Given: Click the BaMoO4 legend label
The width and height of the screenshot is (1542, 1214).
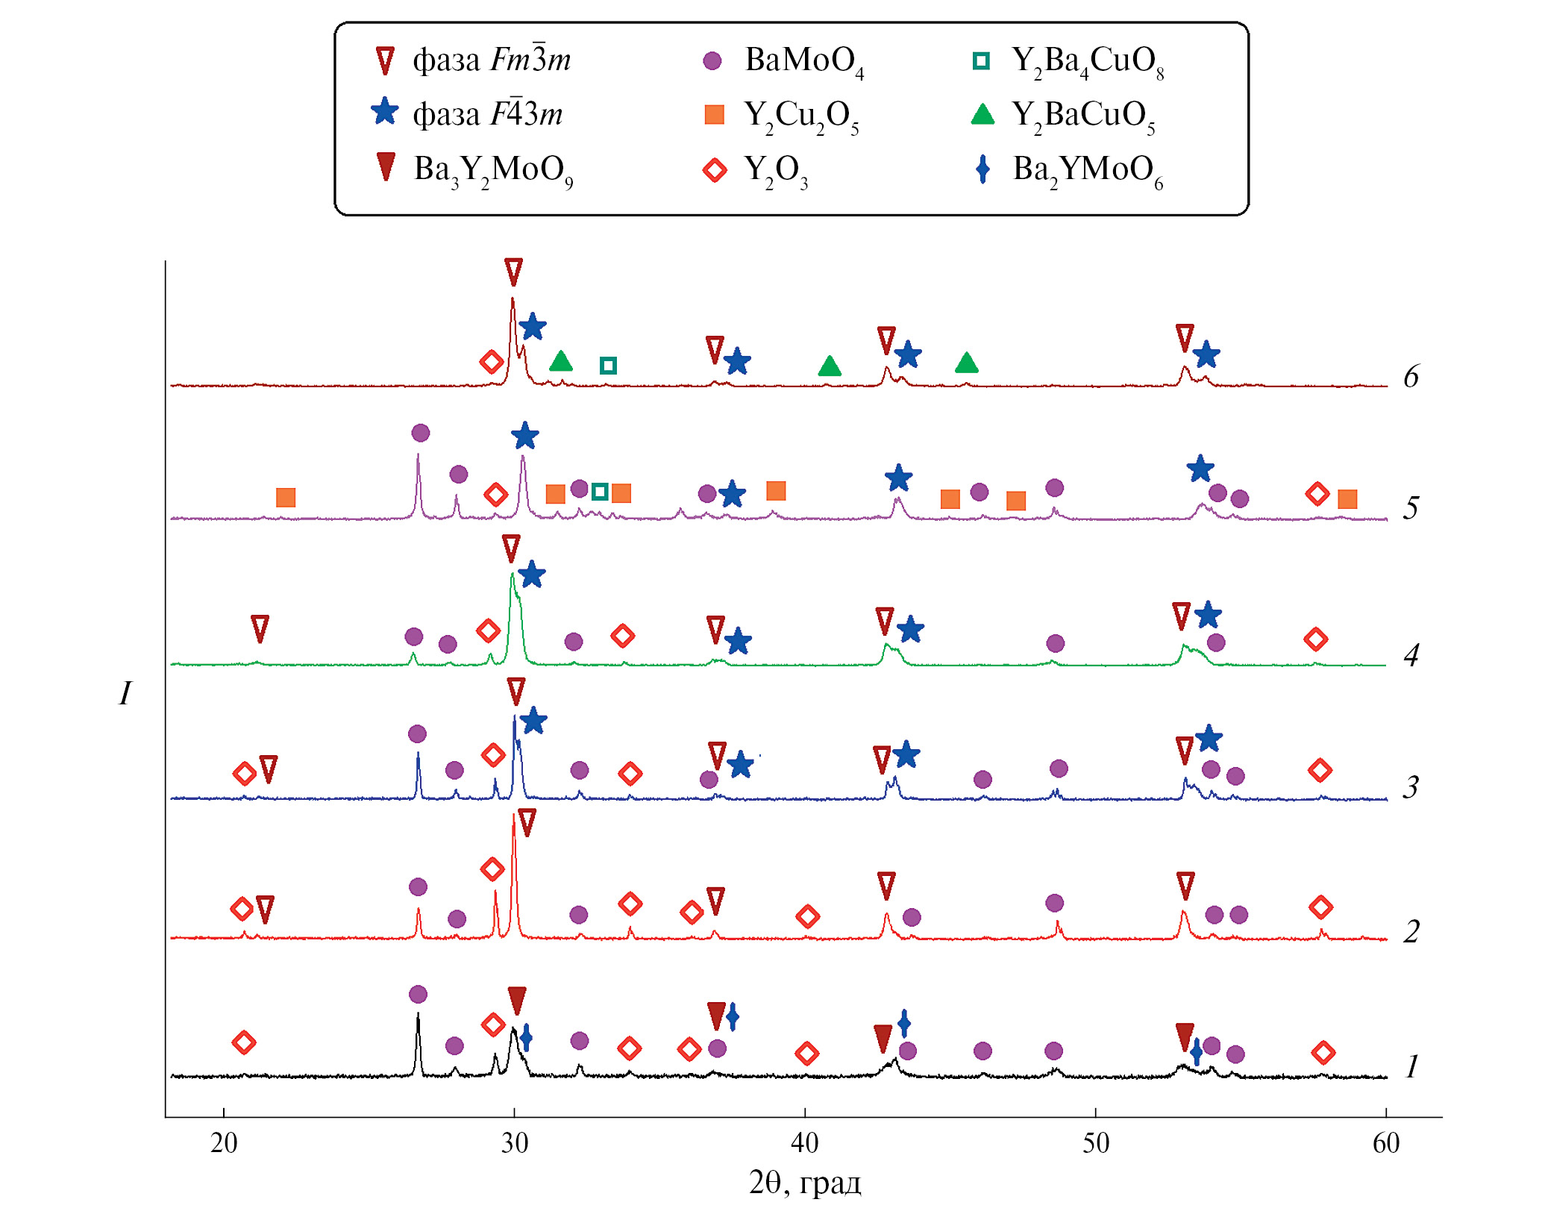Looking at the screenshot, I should tap(804, 60).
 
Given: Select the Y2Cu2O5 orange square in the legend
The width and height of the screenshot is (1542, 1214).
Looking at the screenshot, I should tap(714, 115).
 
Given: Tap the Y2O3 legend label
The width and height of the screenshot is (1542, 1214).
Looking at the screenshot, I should tap(776, 170).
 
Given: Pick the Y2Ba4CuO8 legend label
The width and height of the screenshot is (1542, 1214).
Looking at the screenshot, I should tap(1087, 60).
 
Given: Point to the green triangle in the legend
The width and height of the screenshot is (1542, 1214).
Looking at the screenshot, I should tap(982, 114).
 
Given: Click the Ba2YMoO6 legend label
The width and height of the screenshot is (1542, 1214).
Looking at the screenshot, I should tap(1087, 170).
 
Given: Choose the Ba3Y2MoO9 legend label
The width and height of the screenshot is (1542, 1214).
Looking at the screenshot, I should tap(493, 170).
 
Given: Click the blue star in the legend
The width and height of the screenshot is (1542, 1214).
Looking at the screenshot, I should tap(385, 113).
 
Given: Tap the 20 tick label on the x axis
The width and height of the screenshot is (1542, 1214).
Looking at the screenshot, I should tap(223, 1142).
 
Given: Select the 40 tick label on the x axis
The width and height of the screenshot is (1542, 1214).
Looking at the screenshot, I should tap(804, 1142).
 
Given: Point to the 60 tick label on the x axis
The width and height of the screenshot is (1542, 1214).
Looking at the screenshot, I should tap(1386, 1142).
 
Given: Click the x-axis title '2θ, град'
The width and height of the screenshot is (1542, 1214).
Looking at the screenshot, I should tap(805, 1183).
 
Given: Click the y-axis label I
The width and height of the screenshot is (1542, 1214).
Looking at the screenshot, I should tap(125, 693).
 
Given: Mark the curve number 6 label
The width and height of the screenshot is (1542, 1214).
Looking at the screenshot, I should tap(1411, 377).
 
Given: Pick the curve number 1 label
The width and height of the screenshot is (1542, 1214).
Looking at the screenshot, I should tap(1411, 1067).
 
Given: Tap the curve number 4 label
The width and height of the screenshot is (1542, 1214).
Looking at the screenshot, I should tap(1411, 656).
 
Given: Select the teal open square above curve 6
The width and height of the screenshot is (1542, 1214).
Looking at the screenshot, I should tap(608, 366).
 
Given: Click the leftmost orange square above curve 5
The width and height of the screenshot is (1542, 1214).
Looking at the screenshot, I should tap(286, 498).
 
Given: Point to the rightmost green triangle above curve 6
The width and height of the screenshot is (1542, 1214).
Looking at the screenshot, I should tap(966, 363).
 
